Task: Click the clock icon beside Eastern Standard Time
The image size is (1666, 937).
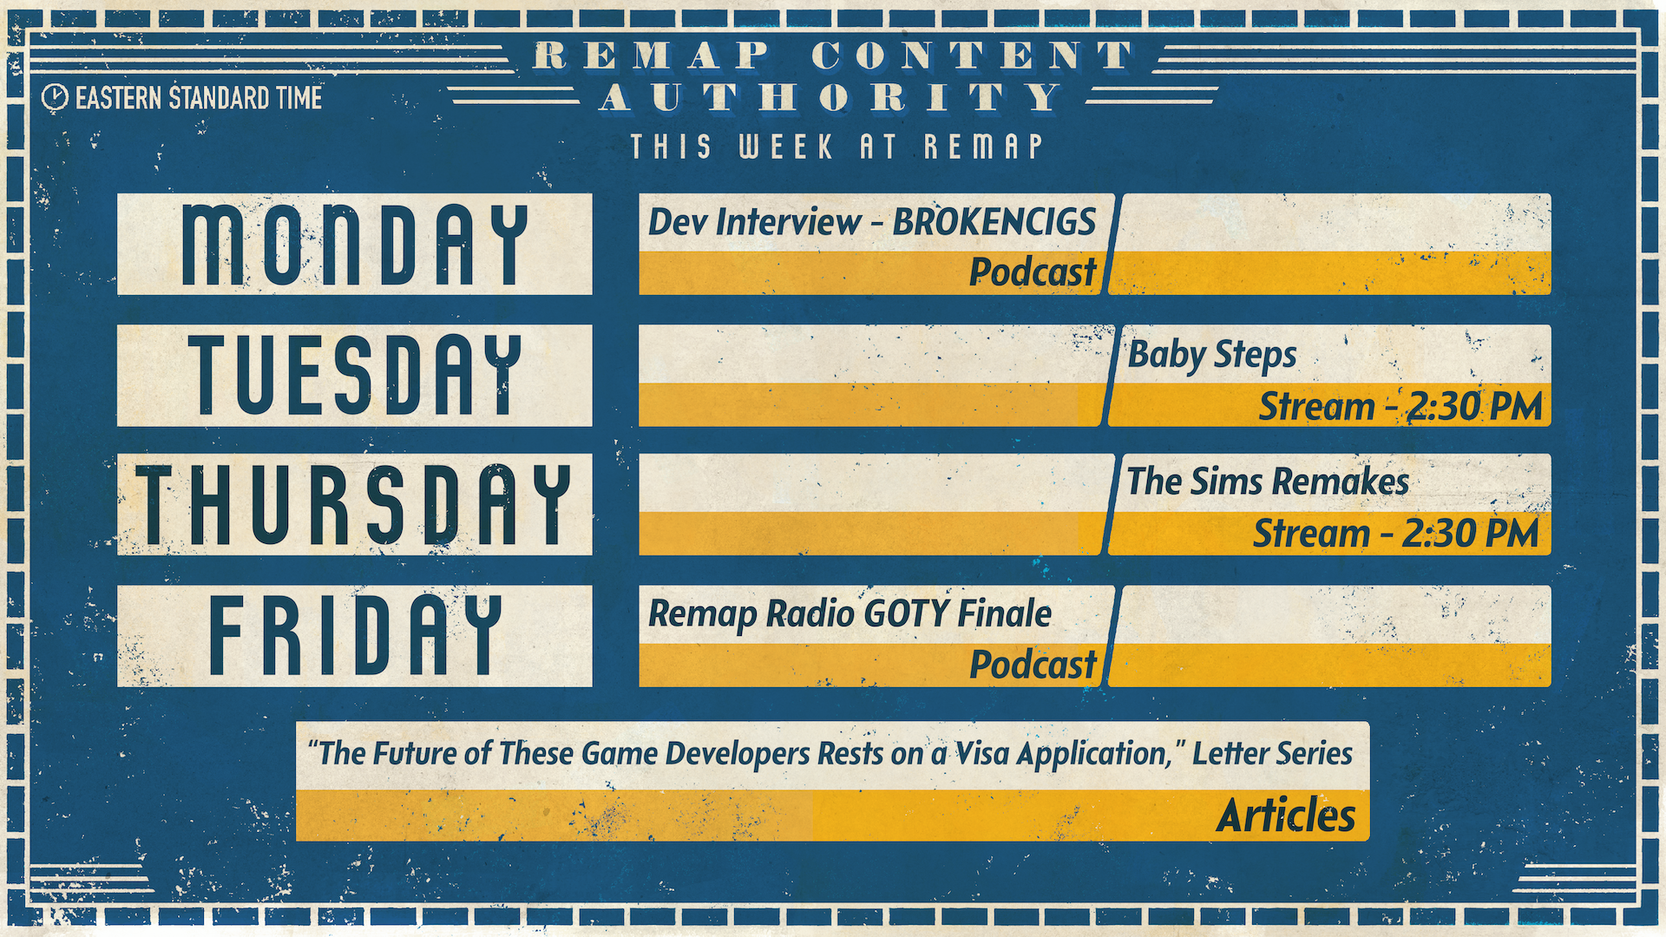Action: [55, 97]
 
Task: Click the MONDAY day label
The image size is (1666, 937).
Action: [355, 245]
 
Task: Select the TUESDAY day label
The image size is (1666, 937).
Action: [355, 375]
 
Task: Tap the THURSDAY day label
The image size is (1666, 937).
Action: [354, 504]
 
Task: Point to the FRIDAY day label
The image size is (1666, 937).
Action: [355, 635]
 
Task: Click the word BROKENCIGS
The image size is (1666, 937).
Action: [994, 222]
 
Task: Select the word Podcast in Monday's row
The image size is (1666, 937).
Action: [1033, 272]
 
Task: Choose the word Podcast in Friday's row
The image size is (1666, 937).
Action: [1033, 665]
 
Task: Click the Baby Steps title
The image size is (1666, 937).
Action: [1211, 356]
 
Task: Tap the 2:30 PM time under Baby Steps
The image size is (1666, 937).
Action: [1474, 406]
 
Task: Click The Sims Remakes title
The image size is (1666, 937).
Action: [1268, 482]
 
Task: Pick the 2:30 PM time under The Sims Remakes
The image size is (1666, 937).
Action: [1471, 534]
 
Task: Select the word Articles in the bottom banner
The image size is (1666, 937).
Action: [1285, 816]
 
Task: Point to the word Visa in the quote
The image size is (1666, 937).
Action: [982, 753]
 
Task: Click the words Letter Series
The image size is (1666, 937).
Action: [1272, 753]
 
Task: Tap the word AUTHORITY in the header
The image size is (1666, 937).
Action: [831, 97]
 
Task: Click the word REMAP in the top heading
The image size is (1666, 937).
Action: [652, 56]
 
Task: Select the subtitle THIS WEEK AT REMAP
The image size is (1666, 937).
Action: [836, 147]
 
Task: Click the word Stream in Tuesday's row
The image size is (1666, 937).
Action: [1316, 407]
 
